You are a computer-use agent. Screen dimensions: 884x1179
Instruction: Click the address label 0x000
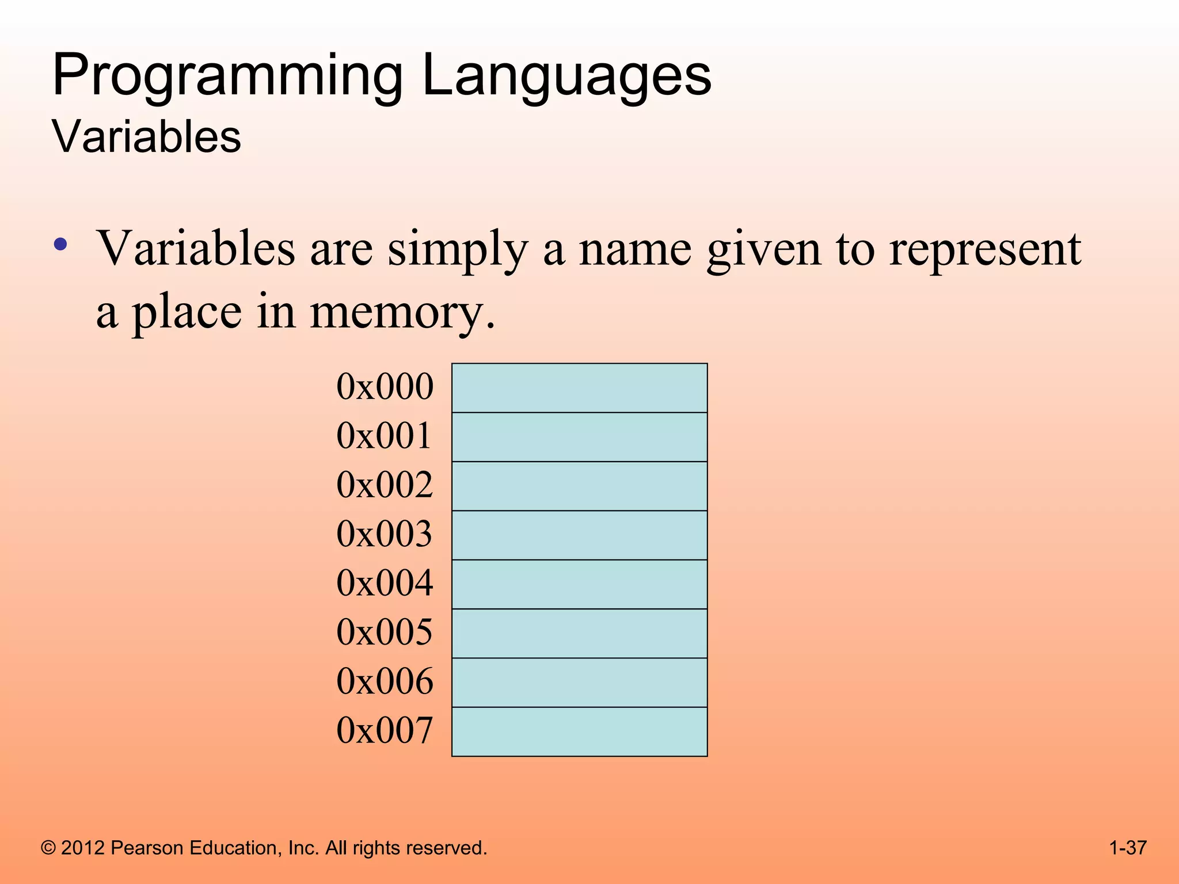pos(385,387)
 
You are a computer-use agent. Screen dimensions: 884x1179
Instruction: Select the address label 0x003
pos(385,534)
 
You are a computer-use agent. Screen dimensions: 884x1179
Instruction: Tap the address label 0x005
pos(385,632)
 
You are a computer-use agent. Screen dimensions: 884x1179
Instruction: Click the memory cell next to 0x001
pos(579,437)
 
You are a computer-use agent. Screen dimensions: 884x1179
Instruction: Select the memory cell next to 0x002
pos(579,486)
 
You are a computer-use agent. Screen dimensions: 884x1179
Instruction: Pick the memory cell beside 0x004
pos(579,584)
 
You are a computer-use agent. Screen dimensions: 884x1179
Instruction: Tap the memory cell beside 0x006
pos(579,683)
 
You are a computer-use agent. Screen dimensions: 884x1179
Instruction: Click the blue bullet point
pos(60,245)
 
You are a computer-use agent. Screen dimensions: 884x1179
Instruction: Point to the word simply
pos(458,250)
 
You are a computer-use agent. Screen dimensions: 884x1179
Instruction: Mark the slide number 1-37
pos(1127,848)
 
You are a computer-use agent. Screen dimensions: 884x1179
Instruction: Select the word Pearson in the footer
pos(147,848)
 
